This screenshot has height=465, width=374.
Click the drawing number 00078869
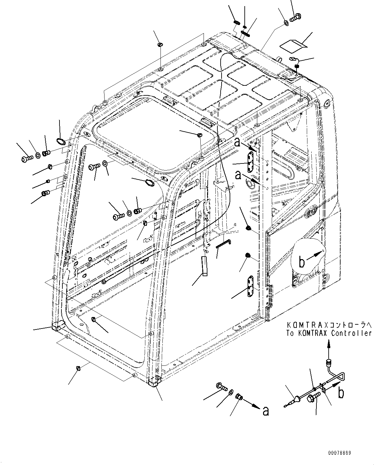point(340,453)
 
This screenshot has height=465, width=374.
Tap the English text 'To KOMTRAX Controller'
point(329,333)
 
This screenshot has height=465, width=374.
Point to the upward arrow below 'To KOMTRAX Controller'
point(328,347)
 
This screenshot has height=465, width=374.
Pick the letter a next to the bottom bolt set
point(266,411)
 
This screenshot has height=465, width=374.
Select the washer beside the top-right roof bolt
point(286,23)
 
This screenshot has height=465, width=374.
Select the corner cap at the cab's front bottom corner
point(155,381)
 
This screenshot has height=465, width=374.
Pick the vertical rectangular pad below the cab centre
point(204,266)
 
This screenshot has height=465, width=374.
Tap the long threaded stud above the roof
point(245,32)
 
